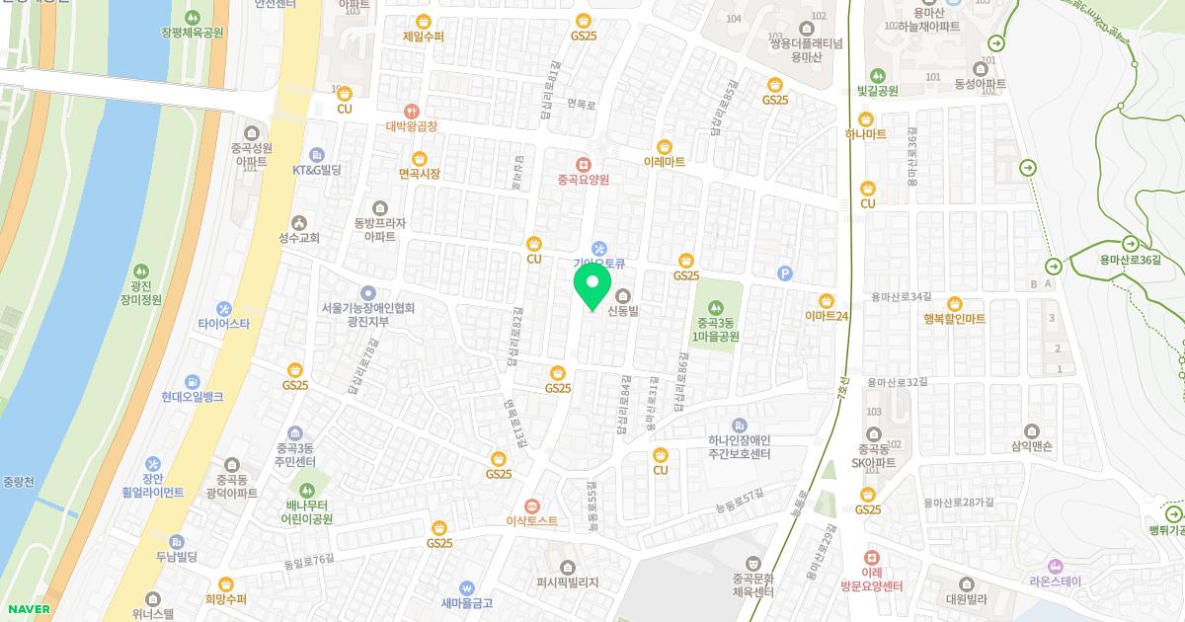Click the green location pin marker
592,285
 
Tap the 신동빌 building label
624,311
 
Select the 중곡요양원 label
583,179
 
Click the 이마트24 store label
827,316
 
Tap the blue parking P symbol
786,273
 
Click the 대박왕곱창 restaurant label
411,126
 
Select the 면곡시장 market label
419,173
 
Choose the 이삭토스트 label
532,520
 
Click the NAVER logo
28,609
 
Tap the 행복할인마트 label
954,318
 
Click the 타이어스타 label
224,323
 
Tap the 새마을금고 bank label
467,602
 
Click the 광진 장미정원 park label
138,292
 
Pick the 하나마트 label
866,134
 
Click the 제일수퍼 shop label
423,37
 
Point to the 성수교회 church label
299,237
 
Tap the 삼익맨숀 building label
1032,446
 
